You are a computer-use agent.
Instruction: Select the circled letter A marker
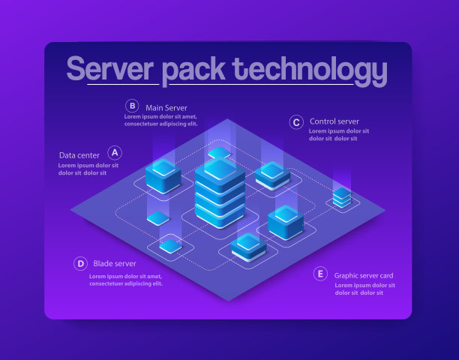point(115,152)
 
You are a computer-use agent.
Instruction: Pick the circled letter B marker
point(132,106)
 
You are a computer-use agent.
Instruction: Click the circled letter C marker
point(296,121)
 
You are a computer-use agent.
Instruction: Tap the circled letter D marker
point(80,263)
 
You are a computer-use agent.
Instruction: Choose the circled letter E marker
point(320,274)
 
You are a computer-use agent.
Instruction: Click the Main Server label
point(166,107)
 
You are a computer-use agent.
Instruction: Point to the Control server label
point(334,121)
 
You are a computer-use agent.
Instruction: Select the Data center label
point(79,155)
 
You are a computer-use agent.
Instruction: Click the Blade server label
point(115,263)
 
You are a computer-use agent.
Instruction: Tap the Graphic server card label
point(364,275)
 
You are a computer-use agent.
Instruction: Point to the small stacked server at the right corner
point(342,197)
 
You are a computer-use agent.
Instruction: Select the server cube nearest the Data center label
point(163,175)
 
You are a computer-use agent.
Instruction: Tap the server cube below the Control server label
point(272,175)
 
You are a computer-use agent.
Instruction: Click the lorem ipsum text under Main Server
point(160,120)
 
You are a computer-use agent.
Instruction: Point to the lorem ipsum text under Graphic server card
point(364,289)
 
